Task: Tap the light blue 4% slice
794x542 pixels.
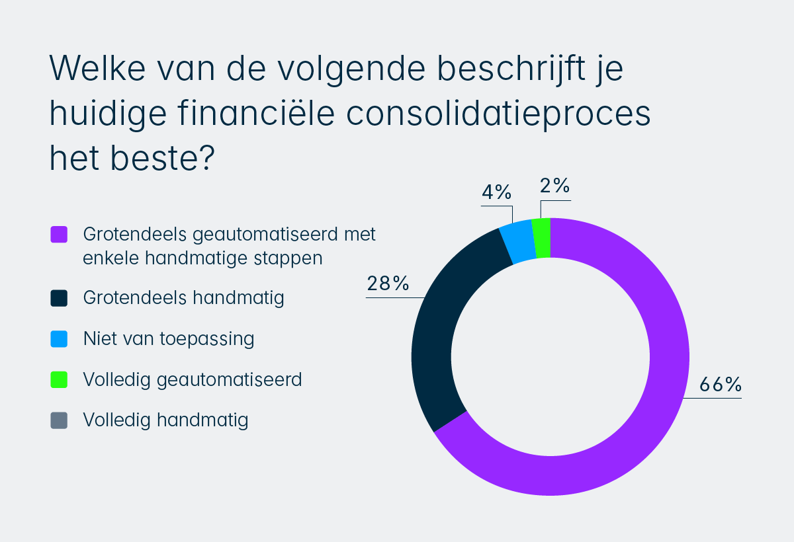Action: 518,241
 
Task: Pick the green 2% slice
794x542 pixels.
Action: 542,237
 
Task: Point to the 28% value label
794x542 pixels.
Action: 388,284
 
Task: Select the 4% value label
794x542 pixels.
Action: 496,192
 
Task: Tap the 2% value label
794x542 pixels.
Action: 554,186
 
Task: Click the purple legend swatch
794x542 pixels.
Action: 59,235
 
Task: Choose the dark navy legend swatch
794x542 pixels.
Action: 59,298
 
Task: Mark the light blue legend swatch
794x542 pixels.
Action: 59,339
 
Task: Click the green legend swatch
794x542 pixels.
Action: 59,380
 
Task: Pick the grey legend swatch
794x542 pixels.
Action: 59,420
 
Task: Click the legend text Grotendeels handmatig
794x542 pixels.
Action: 183,298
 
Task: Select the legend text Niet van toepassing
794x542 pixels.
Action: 169,339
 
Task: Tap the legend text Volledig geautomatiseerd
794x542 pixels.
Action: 193,380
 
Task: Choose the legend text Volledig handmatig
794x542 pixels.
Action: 165,420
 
